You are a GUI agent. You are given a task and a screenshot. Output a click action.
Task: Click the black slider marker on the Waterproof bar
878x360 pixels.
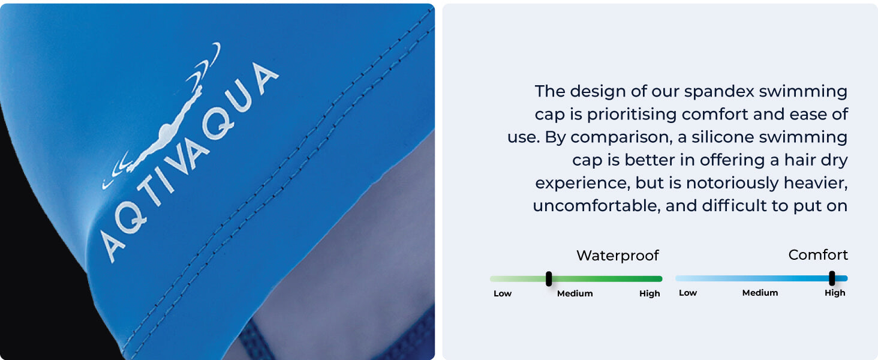(x=549, y=278)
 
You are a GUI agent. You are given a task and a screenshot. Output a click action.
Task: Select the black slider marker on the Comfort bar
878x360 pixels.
(x=832, y=278)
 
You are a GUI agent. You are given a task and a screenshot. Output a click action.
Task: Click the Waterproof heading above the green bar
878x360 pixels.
(x=617, y=256)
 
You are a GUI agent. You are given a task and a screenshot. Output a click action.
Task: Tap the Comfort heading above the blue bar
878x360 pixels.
(x=818, y=255)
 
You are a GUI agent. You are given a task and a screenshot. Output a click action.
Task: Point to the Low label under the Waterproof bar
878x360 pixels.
(x=503, y=294)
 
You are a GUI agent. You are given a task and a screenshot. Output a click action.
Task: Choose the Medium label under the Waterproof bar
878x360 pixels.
(x=575, y=294)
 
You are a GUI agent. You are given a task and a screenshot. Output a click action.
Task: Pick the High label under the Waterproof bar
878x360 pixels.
(x=650, y=294)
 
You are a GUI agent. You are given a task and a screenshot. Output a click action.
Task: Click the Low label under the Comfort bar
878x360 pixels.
(x=688, y=293)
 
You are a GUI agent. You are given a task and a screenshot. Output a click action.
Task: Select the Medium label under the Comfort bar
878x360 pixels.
(x=760, y=293)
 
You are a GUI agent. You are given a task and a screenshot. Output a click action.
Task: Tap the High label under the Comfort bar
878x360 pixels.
(x=835, y=293)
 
